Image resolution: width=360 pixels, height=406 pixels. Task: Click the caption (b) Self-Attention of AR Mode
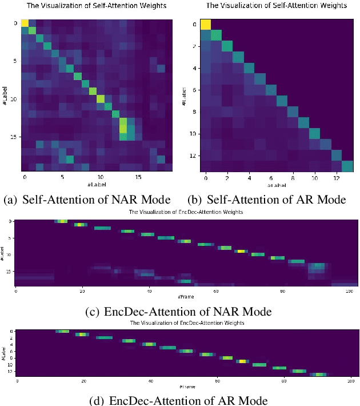click(x=267, y=200)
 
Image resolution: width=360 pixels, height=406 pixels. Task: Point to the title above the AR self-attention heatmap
click(x=277, y=6)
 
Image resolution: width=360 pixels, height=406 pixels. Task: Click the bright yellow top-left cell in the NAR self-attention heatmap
click(x=25, y=23)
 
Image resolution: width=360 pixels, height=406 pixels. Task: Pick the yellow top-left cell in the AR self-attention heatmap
click(x=205, y=24)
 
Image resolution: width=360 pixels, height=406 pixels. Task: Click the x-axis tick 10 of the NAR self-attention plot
click(x=101, y=177)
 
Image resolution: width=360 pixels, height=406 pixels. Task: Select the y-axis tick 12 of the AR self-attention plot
click(x=193, y=156)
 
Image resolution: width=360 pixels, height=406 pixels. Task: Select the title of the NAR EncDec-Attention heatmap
click(x=187, y=212)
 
